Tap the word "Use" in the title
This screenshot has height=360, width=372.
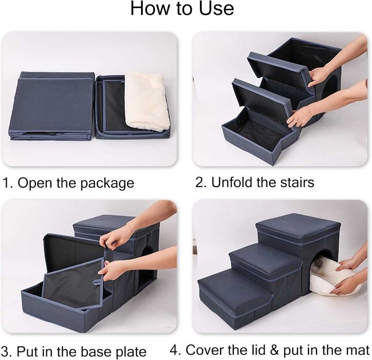tap(216, 8)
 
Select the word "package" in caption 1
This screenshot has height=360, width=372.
tap(107, 184)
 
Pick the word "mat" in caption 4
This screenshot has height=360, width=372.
tap(358, 350)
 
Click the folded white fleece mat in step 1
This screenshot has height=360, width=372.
tap(147, 102)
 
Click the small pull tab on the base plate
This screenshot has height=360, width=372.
tap(97, 282)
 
